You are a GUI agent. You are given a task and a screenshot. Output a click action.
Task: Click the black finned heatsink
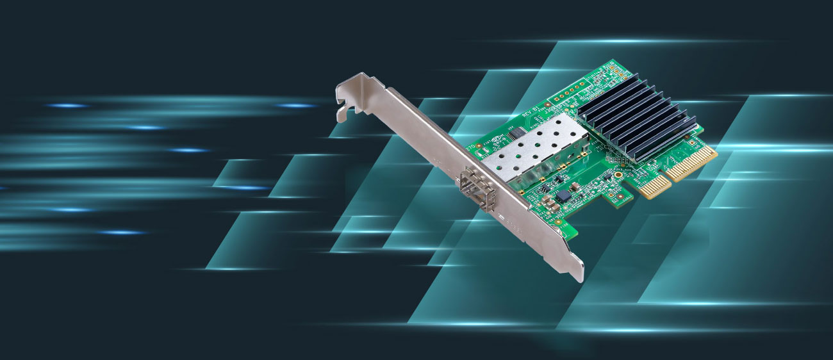click(x=633, y=118)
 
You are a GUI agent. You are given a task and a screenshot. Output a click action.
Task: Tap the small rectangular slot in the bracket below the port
click(x=502, y=218)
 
